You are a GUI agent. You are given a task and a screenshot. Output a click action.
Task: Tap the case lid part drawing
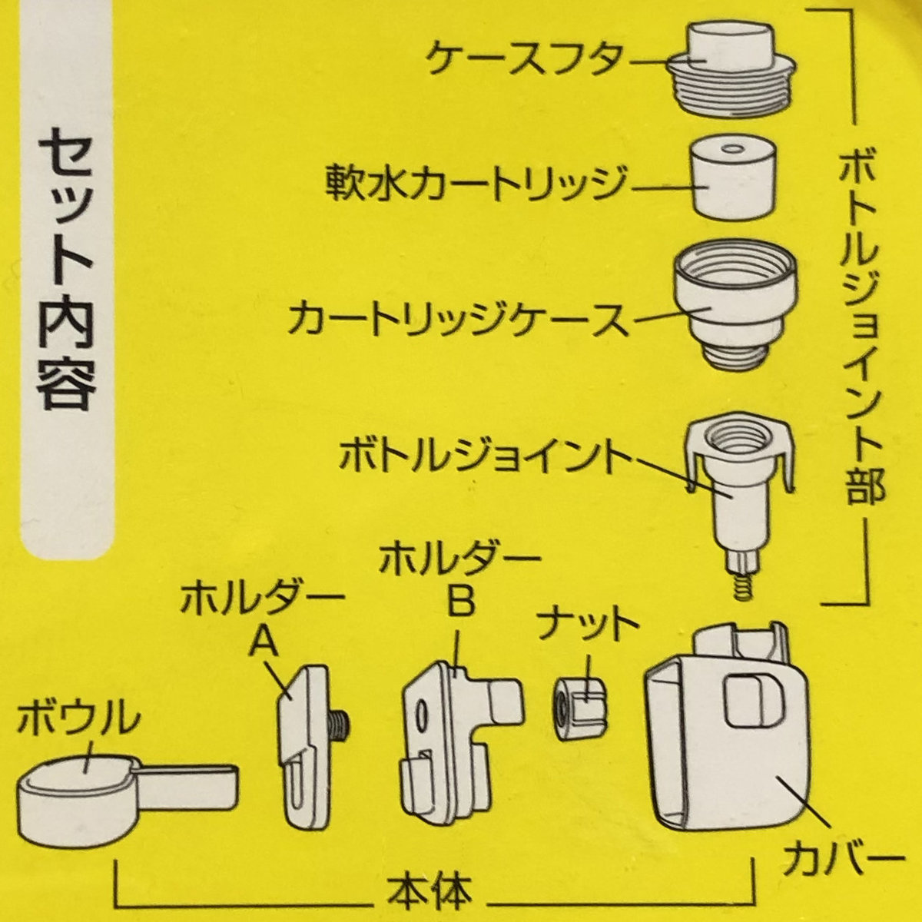pyautogui.click(x=729, y=69)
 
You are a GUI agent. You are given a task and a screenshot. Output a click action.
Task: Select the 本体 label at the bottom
pyautogui.click(x=432, y=893)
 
